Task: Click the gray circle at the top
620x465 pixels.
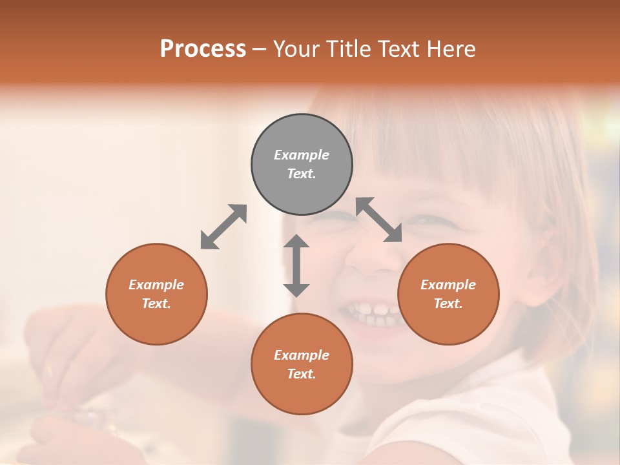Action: point(302,164)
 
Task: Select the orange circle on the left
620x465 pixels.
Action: point(156,294)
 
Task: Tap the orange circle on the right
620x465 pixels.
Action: point(448,294)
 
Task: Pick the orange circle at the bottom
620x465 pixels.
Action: point(302,364)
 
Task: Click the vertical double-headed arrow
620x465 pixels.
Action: point(296,265)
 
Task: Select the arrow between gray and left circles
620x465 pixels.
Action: point(223,227)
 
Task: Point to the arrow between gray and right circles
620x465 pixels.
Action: point(379,220)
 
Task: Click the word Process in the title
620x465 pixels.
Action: point(203,48)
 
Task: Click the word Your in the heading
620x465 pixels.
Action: point(296,48)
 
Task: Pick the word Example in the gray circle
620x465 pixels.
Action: point(302,155)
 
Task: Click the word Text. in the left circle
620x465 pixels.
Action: point(156,304)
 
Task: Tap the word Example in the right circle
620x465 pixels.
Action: point(448,285)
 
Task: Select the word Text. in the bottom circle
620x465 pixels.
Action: point(302,374)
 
